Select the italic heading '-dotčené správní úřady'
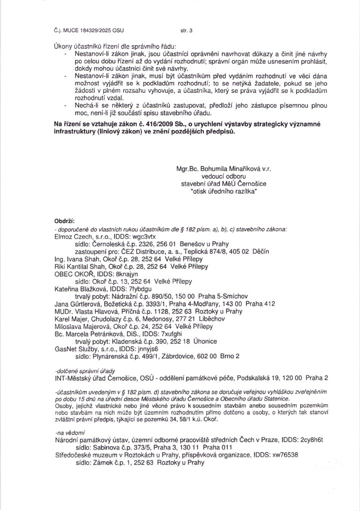pos(81,371)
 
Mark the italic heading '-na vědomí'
pos(69,433)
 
